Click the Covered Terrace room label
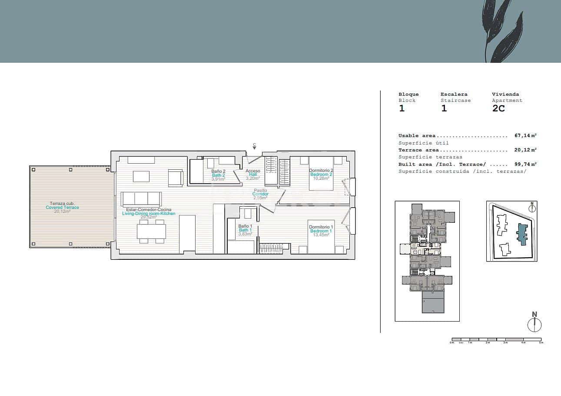pos(63,208)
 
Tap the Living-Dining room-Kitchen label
pos(149,213)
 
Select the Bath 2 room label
pos(218,175)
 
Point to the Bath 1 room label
pos(245,230)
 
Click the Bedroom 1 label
pos(321,231)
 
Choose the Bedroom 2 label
pos(321,174)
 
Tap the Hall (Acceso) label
pos(253,175)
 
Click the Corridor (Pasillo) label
pos(260,194)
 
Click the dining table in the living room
pos(151,231)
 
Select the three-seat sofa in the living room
pos(141,199)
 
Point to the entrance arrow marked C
pos(254,147)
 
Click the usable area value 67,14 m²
pos(525,136)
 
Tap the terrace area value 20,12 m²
pos(525,150)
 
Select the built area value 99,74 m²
pos(525,164)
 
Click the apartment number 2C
pos(498,109)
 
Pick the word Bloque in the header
pos(408,94)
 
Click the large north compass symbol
pos(534,324)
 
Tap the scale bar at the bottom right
pos(497,339)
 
